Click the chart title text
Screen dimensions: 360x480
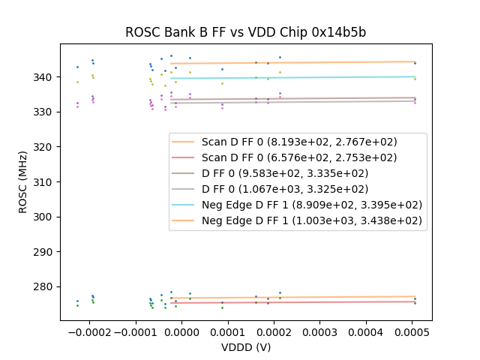[245, 32]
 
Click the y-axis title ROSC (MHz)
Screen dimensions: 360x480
[24, 181]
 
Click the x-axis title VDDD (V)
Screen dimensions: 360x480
[245, 347]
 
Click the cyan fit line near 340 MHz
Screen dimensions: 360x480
[300, 77]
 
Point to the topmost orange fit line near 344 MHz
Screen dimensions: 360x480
[300, 62]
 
